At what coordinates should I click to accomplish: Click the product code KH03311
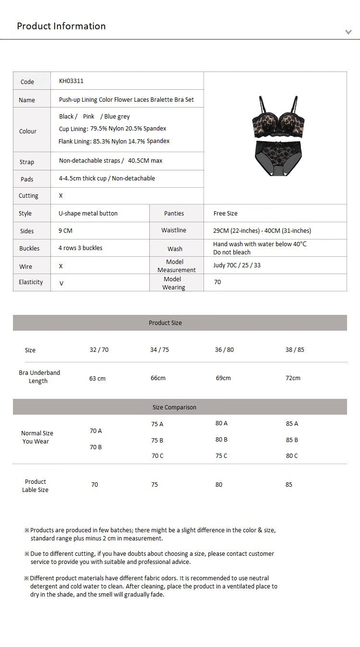click(x=71, y=81)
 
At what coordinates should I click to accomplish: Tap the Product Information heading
click(x=61, y=26)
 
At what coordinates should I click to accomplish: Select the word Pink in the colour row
click(x=89, y=117)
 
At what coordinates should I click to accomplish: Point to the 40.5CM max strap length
click(x=145, y=161)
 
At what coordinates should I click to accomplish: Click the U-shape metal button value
click(x=88, y=214)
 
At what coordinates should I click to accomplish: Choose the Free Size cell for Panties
click(x=225, y=214)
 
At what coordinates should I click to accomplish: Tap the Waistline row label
click(x=174, y=230)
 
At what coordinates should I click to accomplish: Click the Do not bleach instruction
click(x=232, y=252)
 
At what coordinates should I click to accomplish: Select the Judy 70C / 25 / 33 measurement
click(x=237, y=265)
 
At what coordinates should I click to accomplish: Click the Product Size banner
click(x=165, y=323)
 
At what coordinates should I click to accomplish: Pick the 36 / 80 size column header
click(x=224, y=350)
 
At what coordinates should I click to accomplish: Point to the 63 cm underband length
click(x=97, y=379)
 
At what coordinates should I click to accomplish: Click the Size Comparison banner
click(x=174, y=407)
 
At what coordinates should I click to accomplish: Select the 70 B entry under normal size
click(x=96, y=447)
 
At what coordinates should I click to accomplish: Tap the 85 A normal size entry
click(x=292, y=424)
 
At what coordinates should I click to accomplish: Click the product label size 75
click(x=155, y=485)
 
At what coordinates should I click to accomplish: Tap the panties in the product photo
click(x=276, y=158)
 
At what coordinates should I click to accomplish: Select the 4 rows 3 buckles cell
click(x=80, y=248)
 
